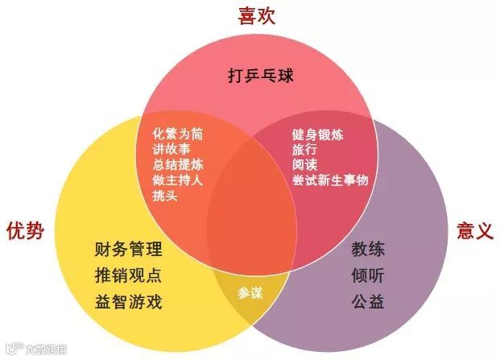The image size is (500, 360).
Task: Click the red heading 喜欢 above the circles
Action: (256, 16)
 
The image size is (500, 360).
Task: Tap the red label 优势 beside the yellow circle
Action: (23, 230)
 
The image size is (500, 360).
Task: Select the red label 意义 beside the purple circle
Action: (474, 230)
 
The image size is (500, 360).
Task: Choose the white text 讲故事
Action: (171, 150)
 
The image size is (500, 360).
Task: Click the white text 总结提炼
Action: (177, 165)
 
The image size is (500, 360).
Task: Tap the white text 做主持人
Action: (177, 180)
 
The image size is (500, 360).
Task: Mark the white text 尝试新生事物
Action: (330, 180)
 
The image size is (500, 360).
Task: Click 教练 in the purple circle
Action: (367, 249)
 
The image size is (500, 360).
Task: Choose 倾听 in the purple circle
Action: (367, 275)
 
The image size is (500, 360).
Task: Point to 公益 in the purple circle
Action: (367, 302)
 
